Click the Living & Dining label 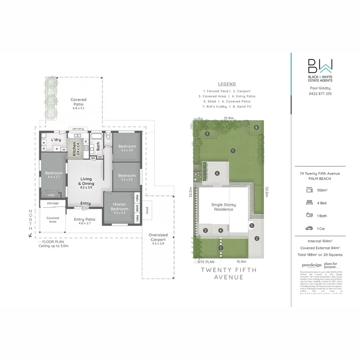[x=86, y=182]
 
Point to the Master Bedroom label [x=120, y=207]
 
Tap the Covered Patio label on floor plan [x=78, y=102]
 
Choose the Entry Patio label [x=85, y=221]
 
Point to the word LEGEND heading [x=227, y=84]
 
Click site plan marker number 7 [x=207, y=134]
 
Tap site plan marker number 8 [x=256, y=128]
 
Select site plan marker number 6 [x=217, y=173]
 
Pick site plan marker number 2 [x=257, y=239]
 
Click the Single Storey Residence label [x=224, y=207]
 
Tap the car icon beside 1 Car [x=309, y=228]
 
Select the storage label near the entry [x=53, y=203]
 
